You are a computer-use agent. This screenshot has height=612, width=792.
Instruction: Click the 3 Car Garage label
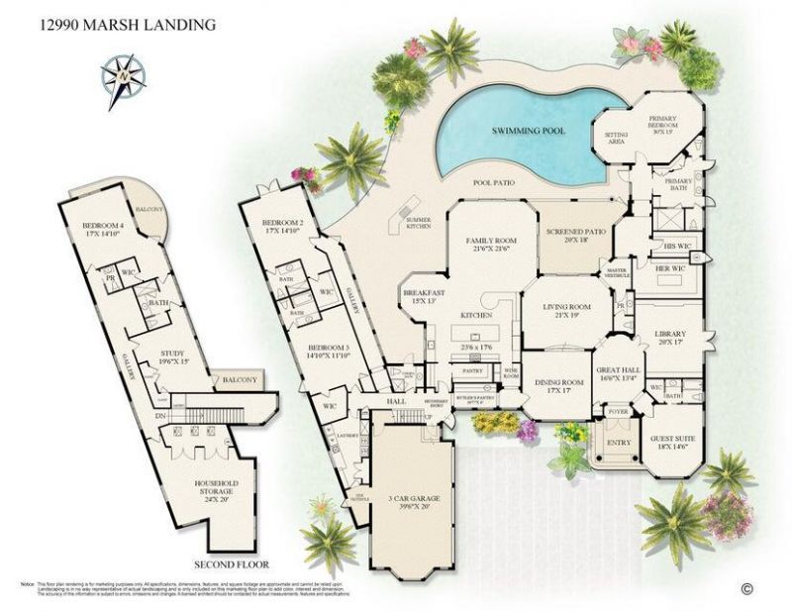(409, 501)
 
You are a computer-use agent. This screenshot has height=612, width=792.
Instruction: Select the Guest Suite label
(672, 439)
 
